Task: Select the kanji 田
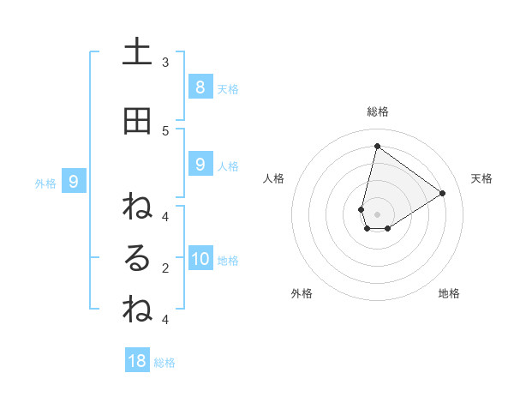pos(137,122)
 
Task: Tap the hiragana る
pos(137,259)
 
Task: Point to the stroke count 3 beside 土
pos(165,62)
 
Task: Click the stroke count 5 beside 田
pos(165,130)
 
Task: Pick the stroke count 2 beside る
pos(165,268)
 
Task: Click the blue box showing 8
pos(200,87)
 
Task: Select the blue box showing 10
pos(200,259)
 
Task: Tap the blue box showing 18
pos(137,360)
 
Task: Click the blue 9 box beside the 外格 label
pos(74,181)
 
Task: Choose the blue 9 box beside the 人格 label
pos(200,165)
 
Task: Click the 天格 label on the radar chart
pos(481,178)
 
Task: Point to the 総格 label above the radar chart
pos(377,111)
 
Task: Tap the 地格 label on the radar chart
pos(449,293)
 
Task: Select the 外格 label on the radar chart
pos(302,293)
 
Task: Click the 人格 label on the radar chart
pos(273,178)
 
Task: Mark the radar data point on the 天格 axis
pos(442,193)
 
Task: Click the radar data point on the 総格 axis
pos(377,146)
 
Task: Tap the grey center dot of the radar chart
pos(377,214)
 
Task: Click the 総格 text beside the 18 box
pos(164,362)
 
